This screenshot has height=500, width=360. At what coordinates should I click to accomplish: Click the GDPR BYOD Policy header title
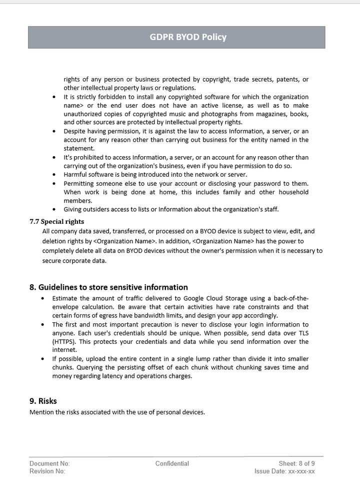click(x=188, y=37)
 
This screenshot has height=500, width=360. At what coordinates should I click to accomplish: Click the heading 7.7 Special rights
click(x=56, y=221)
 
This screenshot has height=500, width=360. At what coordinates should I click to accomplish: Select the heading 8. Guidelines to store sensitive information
click(x=108, y=287)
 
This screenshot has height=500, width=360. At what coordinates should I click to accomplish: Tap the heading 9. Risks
click(x=43, y=400)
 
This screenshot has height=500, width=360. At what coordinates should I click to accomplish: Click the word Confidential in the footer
click(x=172, y=463)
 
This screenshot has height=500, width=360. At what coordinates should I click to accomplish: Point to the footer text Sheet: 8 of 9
click(x=296, y=463)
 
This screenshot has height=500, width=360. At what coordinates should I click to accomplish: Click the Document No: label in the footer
click(x=49, y=463)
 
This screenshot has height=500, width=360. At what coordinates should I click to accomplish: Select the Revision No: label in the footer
click(x=47, y=471)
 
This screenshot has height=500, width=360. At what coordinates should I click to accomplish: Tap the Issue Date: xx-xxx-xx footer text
click(x=284, y=471)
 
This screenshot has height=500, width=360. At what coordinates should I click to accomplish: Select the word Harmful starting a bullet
click(x=75, y=174)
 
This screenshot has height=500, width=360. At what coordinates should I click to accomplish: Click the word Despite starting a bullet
click(x=74, y=131)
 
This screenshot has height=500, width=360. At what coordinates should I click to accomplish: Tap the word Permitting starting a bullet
click(x=78, y=183)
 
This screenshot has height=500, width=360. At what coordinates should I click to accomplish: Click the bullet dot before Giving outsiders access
click(x=54, y=209)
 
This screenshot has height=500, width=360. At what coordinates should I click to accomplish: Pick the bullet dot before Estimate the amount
click(x=43, y=298)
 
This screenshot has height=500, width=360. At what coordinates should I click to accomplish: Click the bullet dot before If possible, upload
click(x=43, y=359)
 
